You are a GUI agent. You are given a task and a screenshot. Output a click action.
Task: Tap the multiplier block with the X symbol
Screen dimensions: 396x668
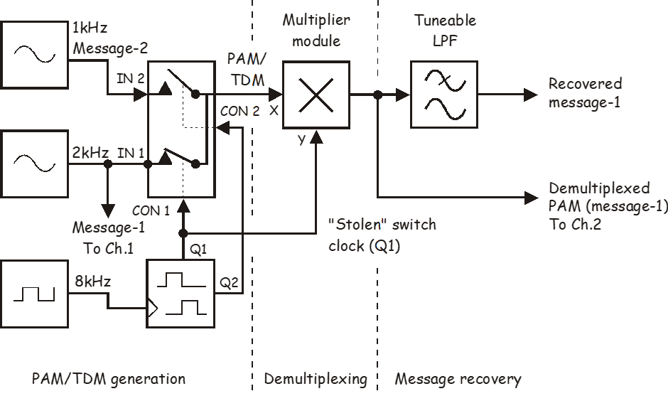click(316, 94)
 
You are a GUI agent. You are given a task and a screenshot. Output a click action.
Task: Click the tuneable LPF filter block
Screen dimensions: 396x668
click(444, 94)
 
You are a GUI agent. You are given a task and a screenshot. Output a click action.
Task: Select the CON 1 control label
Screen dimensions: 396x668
click(151, 211)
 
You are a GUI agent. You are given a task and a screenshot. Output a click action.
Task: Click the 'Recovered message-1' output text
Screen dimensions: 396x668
click(585, 93)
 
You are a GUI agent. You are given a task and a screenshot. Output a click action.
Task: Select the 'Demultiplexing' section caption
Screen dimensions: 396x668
click(316, 379)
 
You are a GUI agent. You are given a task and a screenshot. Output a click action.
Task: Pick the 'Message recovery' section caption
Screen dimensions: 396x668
click(458, 379)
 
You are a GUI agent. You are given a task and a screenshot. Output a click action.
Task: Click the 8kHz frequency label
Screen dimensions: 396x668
click(92, 282)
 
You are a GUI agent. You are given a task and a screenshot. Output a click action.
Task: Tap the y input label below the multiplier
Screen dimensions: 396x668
click(301, 139)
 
